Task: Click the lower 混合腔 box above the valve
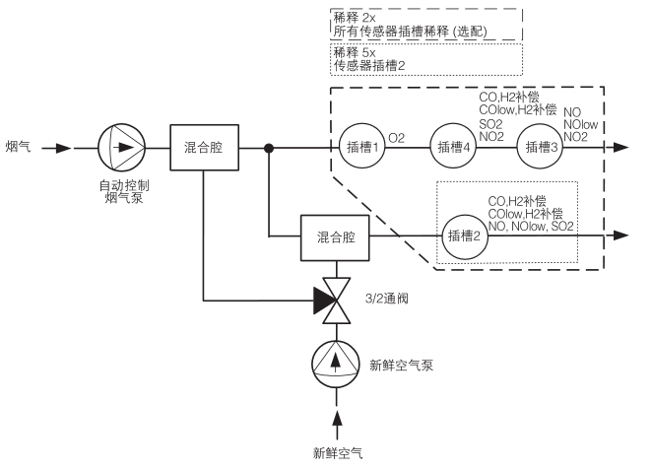point(337,237)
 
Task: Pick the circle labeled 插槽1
point(359,148)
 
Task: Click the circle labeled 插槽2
point(463,236)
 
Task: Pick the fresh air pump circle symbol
point(338,363)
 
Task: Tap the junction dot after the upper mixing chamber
point(269,148)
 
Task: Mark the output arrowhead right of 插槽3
point(619,148)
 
